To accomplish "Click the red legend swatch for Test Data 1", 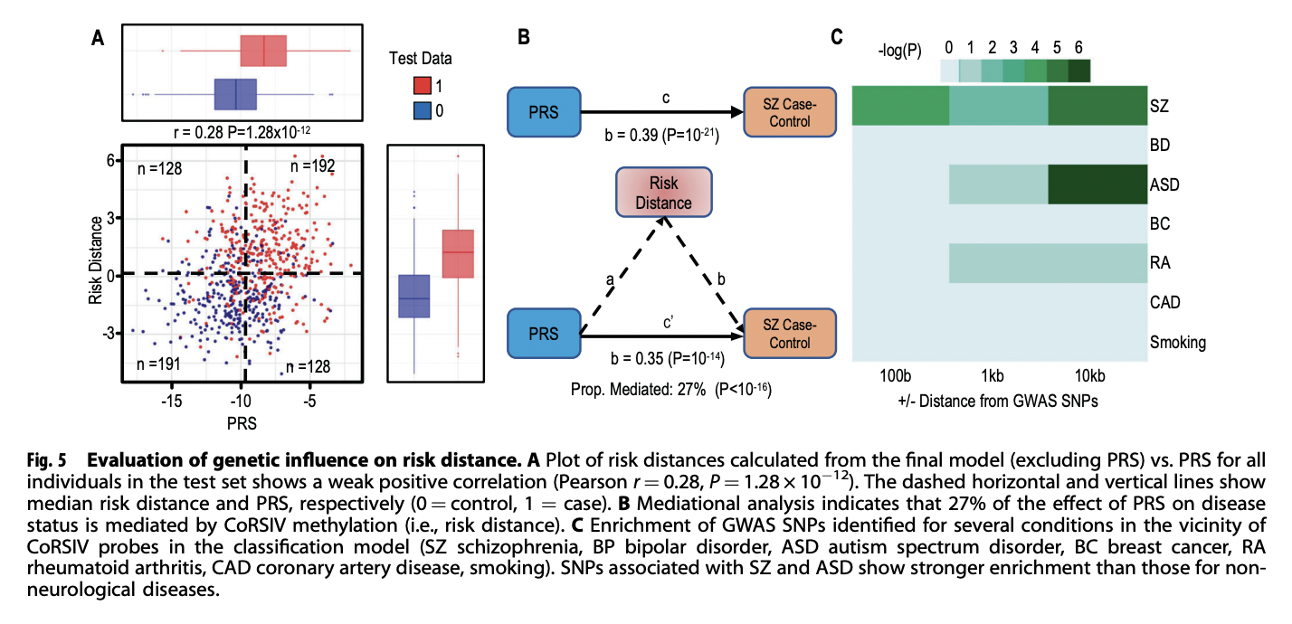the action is (423, 85).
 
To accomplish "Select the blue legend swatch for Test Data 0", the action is (423, 110).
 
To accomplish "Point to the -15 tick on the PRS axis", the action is (171, 401).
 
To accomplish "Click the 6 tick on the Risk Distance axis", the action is (110, 160).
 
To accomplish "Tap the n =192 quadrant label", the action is (313, 166).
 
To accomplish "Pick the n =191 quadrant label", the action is (158, 364).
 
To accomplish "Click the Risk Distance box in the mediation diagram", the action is (664, 193).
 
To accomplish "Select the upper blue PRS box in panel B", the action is (544, 112).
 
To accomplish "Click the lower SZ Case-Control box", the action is (790, 334).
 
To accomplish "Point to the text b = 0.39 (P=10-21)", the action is (661, 135).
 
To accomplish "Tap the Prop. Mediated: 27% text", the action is (638, 390).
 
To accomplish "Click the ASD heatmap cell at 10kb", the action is (1097, 184).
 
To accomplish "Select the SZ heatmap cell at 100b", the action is (900, 106).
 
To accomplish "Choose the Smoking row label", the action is (1178, 343).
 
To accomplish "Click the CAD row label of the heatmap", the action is (1165, 302).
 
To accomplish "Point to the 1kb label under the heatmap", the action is (992, 376).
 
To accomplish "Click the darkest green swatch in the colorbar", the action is (1079, 71).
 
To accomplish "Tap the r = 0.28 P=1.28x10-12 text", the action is (242, 132).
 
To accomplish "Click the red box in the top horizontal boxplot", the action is (263, 51).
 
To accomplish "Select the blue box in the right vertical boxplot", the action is (414, 297).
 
